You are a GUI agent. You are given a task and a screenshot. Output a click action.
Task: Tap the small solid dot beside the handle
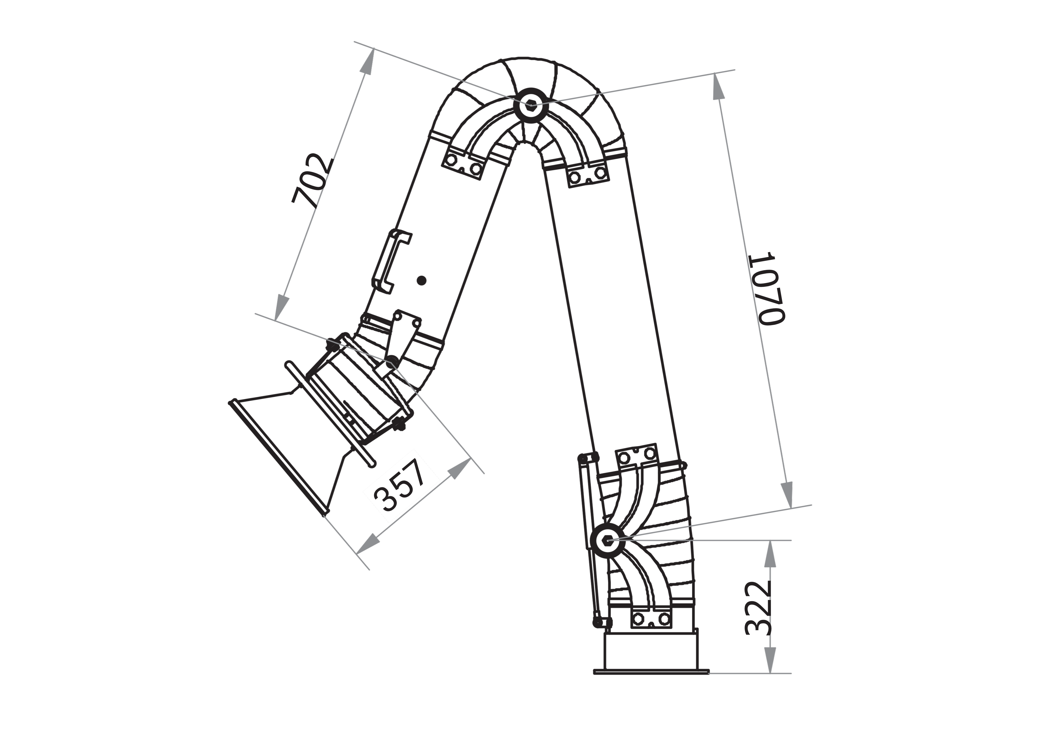(422, 280)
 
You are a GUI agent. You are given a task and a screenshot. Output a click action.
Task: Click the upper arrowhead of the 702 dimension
(368, 61)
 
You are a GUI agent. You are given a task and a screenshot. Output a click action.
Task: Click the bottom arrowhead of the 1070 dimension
(787, 494)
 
